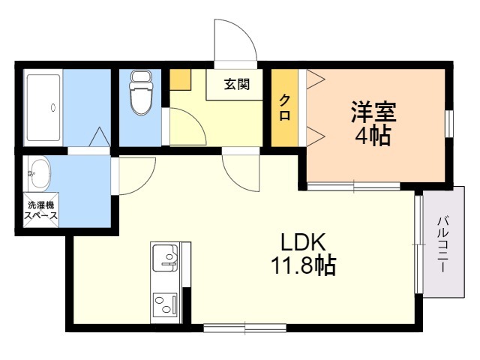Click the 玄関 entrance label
pos(237,84)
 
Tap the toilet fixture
pos(141,93)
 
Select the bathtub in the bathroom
pos(43,108)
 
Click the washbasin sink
pos(40,174)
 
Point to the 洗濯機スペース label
pos(41,210)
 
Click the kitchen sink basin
pos(165,257)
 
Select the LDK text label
pos(303,241)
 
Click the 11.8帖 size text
pos(303,265)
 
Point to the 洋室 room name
pos(373,112)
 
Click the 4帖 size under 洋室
pos(373,135)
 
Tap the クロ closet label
pos(285,107)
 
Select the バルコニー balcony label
pos(443,244)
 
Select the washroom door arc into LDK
pos(147,182)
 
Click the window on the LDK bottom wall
pos(245,328)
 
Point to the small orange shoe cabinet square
pos(180,80)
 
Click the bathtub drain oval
pos(53,107)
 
